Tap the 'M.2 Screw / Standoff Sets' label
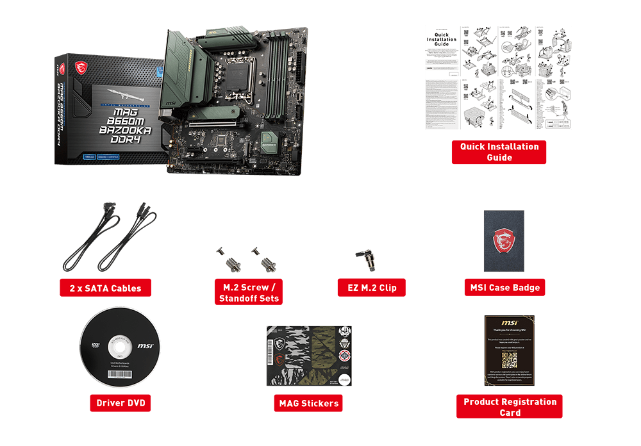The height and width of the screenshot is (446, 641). [x=249, y=293]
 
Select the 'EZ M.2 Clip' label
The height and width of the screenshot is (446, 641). [x=371, y=288]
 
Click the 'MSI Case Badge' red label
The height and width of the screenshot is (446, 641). [x=505, y=288]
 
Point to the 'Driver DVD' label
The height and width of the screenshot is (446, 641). [x=121, y=403]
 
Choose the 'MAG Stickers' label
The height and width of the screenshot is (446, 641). [x=309, y=404]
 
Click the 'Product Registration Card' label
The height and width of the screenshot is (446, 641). [x=510, y=407]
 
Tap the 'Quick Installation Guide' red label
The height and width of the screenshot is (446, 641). [x=499, y=152]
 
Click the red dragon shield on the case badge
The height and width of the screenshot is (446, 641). [x=504, y=241]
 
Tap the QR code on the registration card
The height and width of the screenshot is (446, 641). [x=509, y=358]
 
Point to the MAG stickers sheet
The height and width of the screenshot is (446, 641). [x=309, y=356]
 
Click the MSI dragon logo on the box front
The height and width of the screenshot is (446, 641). [x=81, y=66]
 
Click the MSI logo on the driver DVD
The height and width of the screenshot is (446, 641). [x=145, y=346]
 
